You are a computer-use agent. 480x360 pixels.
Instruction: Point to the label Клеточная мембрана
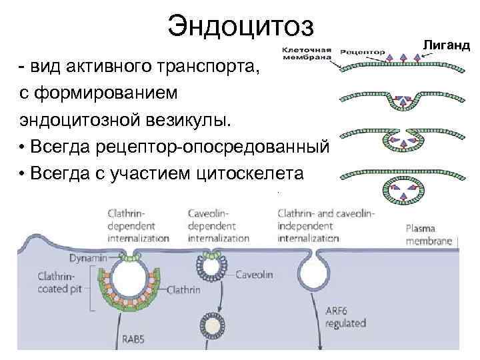307,53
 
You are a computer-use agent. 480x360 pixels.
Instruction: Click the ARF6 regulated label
345,317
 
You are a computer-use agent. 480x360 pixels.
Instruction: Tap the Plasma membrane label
431,234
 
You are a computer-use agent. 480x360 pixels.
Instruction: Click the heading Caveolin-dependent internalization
218,225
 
